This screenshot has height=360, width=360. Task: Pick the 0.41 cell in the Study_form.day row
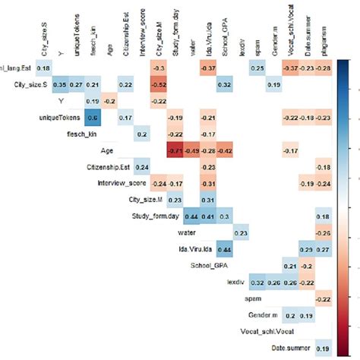click(x=208, y=217)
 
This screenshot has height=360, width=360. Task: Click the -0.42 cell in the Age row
click(x=225, y=151)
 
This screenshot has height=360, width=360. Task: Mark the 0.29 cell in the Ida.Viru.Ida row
click(x=308, y=250)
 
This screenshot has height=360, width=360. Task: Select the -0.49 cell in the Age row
click(x=191, y=151)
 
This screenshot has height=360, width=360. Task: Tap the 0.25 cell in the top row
click(x=257, y=68)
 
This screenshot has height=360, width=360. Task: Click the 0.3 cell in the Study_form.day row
click(x=225, y=217)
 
